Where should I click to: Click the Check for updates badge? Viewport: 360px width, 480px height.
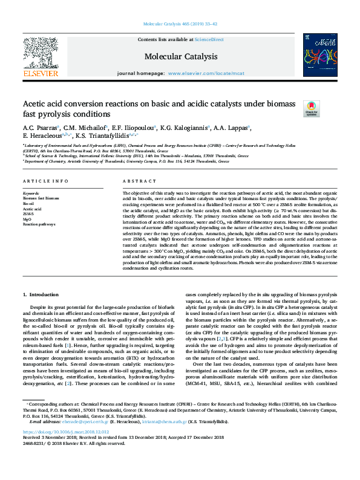tap(311, 109)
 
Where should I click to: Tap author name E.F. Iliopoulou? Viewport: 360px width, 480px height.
tap(131, 128)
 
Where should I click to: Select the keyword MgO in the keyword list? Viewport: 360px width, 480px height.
tap(28, 219)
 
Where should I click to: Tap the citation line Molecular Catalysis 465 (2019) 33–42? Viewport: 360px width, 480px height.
tap(180, 24)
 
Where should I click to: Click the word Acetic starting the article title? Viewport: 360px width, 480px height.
tap(35, 104)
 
